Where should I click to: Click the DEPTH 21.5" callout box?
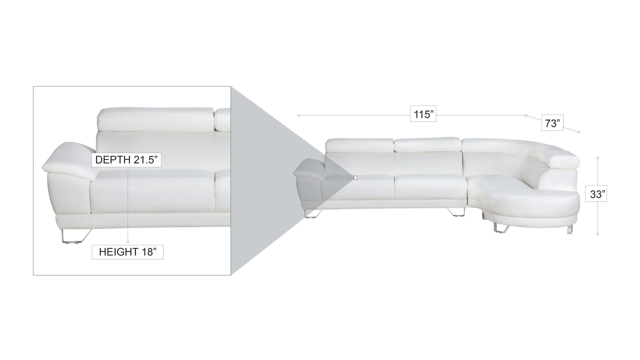[x=126, y=160]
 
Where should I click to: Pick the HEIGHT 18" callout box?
[x=128, y=252]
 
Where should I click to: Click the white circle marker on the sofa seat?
[x=355, y=178]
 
